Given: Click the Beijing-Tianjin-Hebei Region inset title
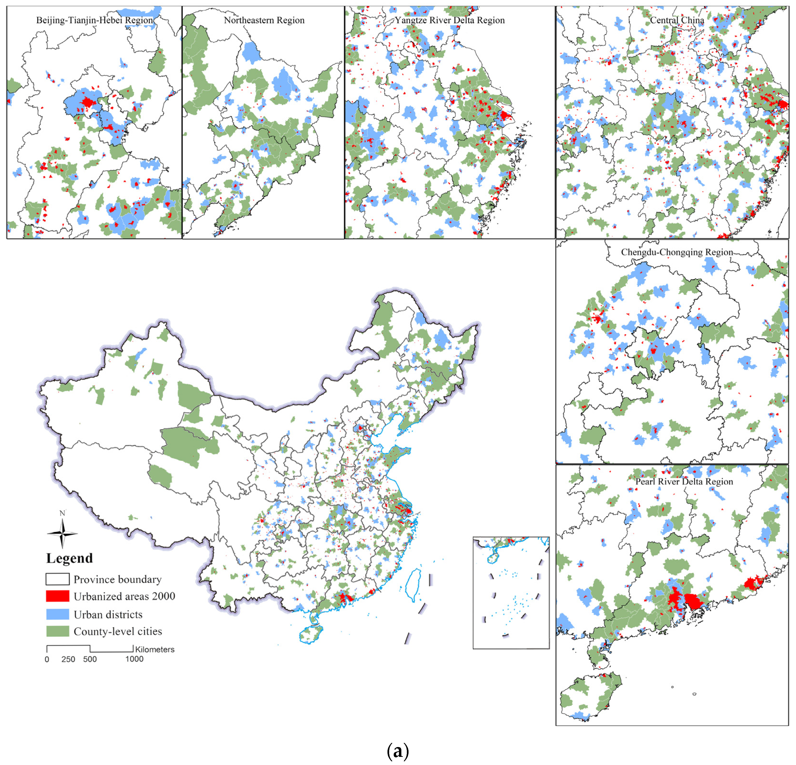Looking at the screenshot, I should [95, 20].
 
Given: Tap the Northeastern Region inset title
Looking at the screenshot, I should [264, 20].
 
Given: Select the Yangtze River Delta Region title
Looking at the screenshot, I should [450, 20].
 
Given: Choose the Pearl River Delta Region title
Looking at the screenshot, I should [684, 482].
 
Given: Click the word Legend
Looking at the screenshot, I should [69, 558].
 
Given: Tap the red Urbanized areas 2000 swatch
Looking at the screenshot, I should [57, 596].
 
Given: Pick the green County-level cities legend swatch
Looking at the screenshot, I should [57, 631].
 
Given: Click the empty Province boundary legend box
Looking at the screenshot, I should [57, 579].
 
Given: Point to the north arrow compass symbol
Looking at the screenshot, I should [62, 533].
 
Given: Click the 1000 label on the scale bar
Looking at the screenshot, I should [134, 659].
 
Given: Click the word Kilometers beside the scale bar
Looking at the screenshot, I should [155, 649].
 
